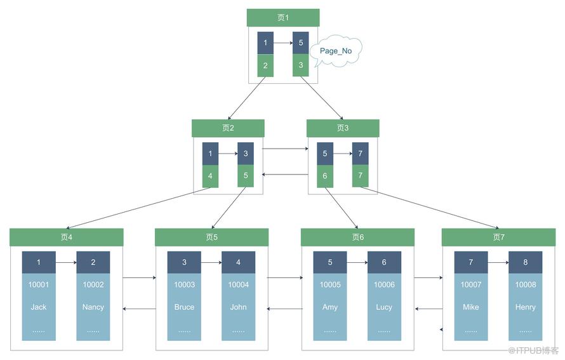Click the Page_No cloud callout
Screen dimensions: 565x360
pyautogui.click(x=336, y=51)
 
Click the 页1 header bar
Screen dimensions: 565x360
pyautogui.click(x=283, y=18)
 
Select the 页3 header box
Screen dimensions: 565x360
pyautogui.click(x=343, y=128)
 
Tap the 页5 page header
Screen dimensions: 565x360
pyautogui.click(x=211, y=237)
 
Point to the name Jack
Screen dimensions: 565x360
pyautogui.click(x=39, y=307)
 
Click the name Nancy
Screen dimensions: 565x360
pyautogui.click(x=93, y=307)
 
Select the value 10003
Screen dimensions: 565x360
pyautogui.click(x=184, y=284)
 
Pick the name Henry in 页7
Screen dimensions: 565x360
pyautogui.click(x=525, y=307)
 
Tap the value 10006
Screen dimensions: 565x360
pyautogui.click(x=384, y=284)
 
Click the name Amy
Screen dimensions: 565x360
pyautogui.click(x=329, y=307)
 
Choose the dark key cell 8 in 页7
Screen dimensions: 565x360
pyautogui.click(x=525, y=262)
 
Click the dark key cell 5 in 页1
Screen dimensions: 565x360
pyautogui.click(x=300, y=43)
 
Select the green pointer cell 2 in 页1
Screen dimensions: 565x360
pyautogui.click(x=265, y=65)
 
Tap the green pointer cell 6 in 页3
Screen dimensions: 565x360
pyautogui.click(x=324, y=176)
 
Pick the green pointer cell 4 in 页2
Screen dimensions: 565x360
pyautogui.click(x=210, y=176)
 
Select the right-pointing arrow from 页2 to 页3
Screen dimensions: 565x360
pyautogui.click(x=286, y=149)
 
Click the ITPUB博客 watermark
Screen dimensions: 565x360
pyautogui.click(x=533, y=350)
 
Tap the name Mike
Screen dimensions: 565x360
pyautogui.click(x=470, y=307)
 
